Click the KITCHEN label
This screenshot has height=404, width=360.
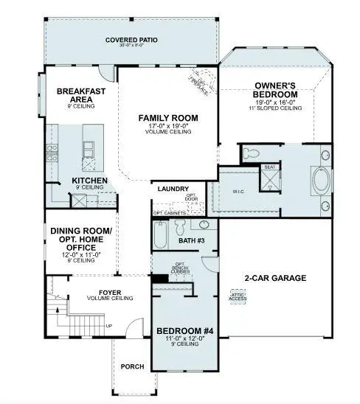tap(90, 181)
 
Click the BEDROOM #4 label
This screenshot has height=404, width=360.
tap(184, 332)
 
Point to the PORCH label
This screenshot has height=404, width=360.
tap(131, 366)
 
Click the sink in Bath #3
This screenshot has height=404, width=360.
tap(204, 225)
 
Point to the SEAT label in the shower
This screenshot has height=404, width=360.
tap(270, 167)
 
